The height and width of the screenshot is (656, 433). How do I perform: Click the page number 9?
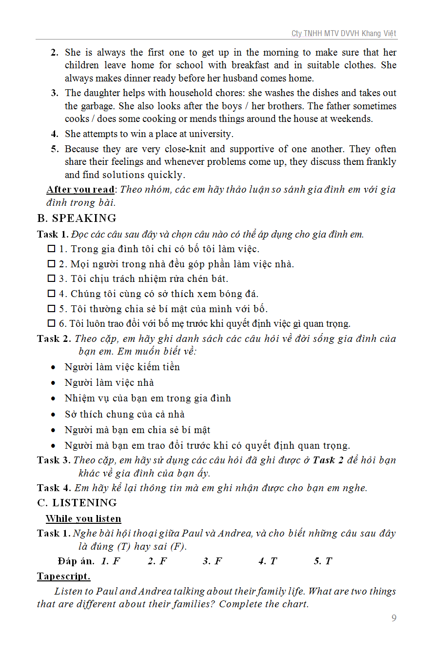[394, 618]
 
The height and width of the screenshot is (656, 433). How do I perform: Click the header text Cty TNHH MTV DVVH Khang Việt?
[344, 34]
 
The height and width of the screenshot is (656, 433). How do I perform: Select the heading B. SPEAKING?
[77, 218]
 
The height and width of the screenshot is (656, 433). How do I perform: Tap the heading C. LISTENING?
[77, 503]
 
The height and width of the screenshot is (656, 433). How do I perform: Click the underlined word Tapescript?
[63, 576]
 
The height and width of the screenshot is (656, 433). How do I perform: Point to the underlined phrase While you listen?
[83, 518]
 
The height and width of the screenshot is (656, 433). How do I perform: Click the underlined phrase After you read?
[80, 189]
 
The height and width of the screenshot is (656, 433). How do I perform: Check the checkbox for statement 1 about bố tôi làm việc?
[51, 249]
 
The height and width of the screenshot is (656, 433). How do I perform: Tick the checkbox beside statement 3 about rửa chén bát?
[51, 278]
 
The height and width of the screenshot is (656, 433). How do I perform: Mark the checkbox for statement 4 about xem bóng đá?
[51, 294]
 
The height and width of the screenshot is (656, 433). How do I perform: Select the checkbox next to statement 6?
[51, 323]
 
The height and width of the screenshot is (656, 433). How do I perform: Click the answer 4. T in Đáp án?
[267, 561]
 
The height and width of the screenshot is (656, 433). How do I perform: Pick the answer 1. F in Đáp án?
[111, 561]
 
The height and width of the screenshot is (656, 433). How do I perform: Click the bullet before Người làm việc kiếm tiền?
[54, 367]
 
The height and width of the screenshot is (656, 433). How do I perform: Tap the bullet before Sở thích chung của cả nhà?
[54, 415]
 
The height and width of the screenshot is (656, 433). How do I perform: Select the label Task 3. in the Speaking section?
[54, 460]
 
